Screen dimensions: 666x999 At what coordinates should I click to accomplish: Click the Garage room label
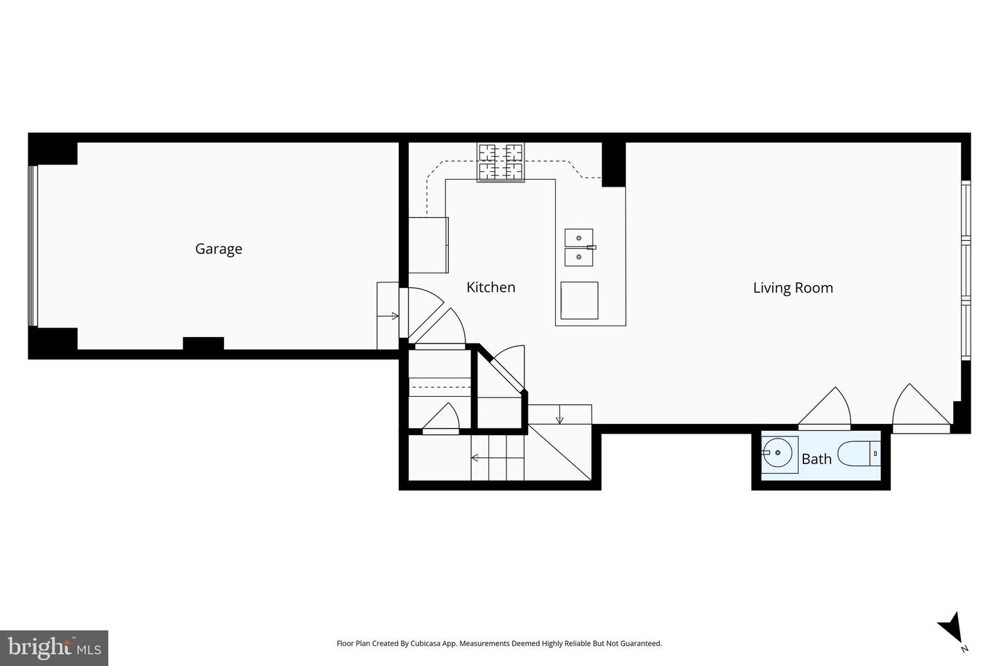coord(219,248)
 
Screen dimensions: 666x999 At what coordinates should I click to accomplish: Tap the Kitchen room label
coord(490,287)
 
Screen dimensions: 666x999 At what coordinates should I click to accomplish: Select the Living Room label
coord(793,288)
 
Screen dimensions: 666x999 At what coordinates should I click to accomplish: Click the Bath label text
coord(816,459)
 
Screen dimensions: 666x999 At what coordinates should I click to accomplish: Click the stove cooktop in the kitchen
coord(500,162)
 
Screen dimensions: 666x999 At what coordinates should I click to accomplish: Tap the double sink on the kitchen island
coord(579,248)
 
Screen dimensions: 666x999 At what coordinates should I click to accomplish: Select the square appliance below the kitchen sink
coord(579,300)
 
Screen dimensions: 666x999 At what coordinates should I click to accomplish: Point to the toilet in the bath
coord(858,454)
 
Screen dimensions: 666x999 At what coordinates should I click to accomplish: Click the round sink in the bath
coord(778,454)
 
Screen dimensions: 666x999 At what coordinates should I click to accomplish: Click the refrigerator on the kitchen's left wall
coord(428,245)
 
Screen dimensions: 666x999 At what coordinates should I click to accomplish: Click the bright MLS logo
coord(53,648)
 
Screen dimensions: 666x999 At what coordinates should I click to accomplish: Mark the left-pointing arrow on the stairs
coord(475,458)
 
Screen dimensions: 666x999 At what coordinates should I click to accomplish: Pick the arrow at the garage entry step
coord(395,316)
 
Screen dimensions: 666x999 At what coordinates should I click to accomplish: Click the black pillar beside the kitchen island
coord(613,164)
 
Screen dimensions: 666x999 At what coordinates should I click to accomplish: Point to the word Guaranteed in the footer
coord(642,644)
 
